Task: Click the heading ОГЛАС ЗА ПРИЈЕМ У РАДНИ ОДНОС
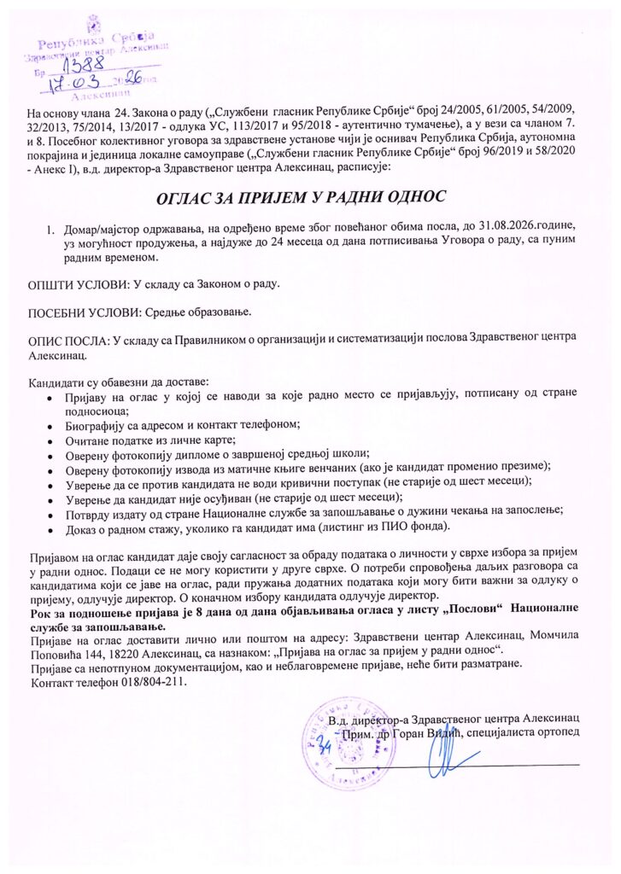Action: coord(300,198)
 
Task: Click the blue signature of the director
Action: coord(444,755)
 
